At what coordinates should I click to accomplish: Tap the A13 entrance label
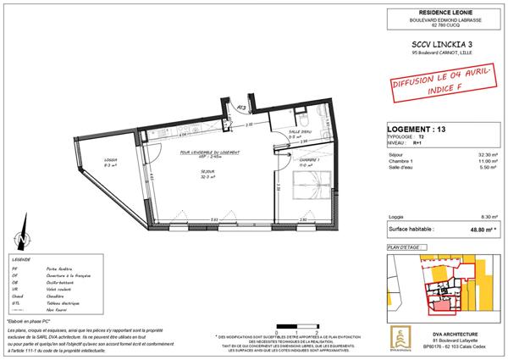241,108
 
